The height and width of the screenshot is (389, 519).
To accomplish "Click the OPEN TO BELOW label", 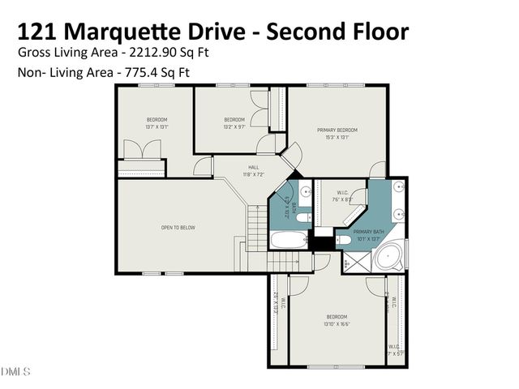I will click(x=178, y=228).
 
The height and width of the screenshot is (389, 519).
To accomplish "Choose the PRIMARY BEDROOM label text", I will click(x=337, y=130).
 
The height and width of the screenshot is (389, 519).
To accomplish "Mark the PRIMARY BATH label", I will click(x=367, y=232).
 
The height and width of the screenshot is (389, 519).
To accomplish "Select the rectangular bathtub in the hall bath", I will click(x=288, y=241).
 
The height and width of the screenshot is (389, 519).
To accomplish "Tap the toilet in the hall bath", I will click(x=301, y=216).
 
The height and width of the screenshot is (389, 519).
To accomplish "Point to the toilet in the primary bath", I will click(x=343, y=240).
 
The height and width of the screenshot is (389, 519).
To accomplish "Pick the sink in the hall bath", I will click(x=306, y=193).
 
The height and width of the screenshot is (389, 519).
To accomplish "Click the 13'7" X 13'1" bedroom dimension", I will click(x=156, y=127).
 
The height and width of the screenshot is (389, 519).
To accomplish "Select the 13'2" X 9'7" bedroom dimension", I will click(x=234, y=127).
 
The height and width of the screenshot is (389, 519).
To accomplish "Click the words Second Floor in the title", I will click(x=337, y=32).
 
